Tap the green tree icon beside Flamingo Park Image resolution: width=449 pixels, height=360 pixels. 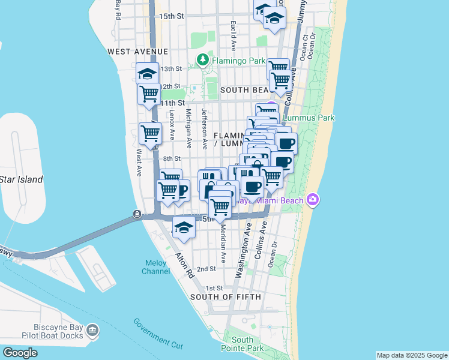point(203,61)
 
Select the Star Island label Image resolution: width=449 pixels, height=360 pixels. point(21,179)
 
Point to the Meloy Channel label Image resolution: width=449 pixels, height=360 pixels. point(155,267)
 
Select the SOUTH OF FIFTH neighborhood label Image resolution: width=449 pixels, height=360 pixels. point(225,297)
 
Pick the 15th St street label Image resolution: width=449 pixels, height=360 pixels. point(172,16)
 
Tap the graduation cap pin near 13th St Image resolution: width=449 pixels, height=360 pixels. point(147,74)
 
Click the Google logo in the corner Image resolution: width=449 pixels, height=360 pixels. point(20,353)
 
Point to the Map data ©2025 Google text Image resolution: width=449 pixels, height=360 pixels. point(411,355)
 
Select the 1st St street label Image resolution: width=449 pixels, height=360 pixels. point(214,289)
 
